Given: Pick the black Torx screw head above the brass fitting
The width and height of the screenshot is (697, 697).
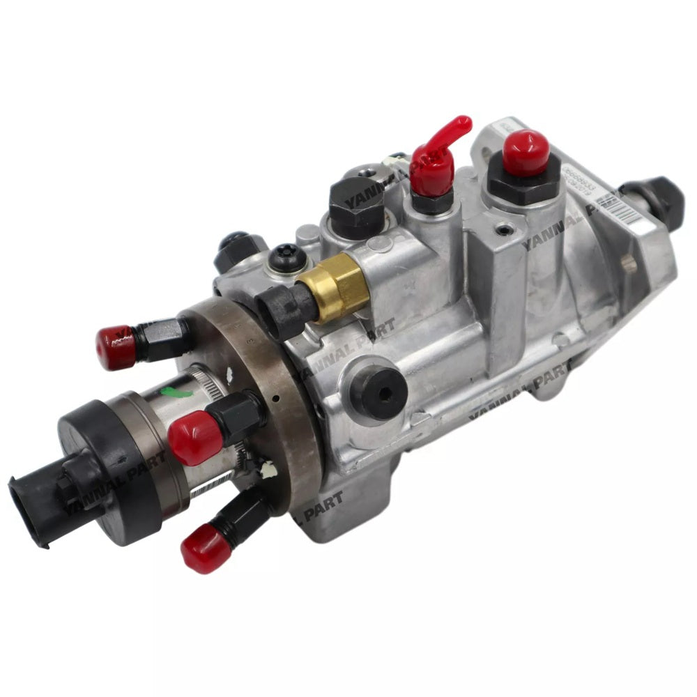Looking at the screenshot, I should click(284, 256).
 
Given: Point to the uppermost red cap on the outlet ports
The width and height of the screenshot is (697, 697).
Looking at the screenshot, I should click(116, 346).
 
